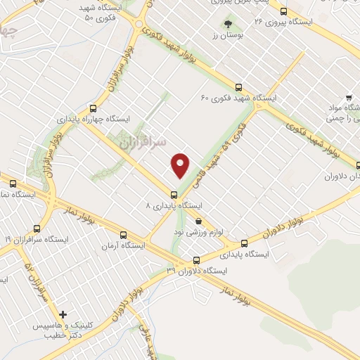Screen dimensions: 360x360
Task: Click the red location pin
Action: point(181,165)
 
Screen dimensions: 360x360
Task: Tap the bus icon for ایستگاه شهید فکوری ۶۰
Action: point(238,88)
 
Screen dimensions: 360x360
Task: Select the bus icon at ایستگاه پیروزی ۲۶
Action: point(283,11)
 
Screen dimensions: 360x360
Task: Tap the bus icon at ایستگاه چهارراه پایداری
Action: point(93,108)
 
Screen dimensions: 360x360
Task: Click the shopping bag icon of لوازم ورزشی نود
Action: point(199,220)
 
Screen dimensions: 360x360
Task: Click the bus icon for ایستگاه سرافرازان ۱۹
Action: point(37,228)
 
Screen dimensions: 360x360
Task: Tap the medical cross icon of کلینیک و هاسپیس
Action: point(63,315)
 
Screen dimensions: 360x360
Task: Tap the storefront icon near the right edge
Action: point(347,99)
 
